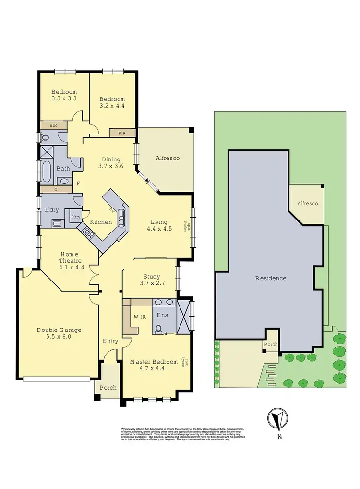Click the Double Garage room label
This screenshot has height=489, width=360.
pos(59,330)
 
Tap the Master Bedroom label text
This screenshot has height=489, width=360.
pos(154,362)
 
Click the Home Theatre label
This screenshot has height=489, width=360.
pos(69,254)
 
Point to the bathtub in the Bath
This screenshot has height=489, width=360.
pos(47,171)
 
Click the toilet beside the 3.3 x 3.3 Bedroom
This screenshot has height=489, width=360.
pos(46,137)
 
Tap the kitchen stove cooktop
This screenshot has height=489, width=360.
pos(88,233)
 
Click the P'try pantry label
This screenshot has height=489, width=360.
pos(75,217)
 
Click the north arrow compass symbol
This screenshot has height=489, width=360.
pos(277,418)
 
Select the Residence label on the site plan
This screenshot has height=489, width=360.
pos(270,278)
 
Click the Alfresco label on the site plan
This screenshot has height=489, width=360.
pos(307,204)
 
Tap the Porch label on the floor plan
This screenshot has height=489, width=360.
pos(108,387)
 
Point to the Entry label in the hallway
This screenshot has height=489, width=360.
pos(110,341)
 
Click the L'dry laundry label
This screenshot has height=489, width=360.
pos(51,210)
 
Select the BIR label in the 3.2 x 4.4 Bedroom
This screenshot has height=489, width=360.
pos(122,133)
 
